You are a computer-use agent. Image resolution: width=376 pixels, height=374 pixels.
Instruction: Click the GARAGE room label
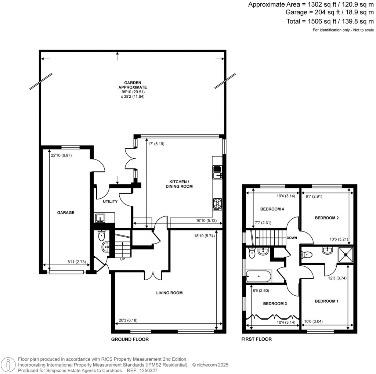click(65, 212)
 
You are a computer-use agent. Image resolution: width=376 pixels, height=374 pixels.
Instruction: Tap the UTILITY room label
click(110, 201)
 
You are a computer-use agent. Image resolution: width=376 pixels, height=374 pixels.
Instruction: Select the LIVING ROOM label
click(169, 293)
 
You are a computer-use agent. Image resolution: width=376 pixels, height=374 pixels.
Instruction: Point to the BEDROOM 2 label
click(326, 218)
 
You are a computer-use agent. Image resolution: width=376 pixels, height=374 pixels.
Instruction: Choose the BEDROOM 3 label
click(275, 304)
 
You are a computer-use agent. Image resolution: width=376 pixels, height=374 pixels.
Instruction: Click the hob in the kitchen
click(217, 204)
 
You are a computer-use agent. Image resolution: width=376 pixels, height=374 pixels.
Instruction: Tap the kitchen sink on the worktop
click(217, 172)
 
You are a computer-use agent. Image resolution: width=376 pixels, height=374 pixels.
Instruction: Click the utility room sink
click(100, 219)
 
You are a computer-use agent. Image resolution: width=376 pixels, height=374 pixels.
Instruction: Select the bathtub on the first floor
click(259, 276)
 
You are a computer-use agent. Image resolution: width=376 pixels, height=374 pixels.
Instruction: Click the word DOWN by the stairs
click(292, 238)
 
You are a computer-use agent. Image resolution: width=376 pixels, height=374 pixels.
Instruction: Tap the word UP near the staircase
click(122, 259)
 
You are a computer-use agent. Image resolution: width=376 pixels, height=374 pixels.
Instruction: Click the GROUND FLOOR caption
click(130, 339)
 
